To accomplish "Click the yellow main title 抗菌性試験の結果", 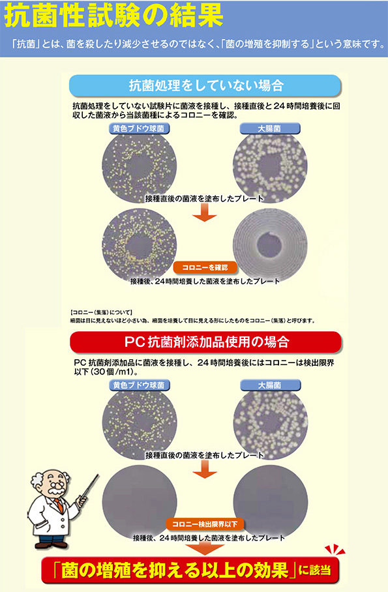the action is pyautogui.click(x=113, y=16).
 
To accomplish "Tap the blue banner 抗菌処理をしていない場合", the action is pyautogui.click(x=205, y=85).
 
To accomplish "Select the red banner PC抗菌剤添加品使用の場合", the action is pyautogui.click(x=206, y=342).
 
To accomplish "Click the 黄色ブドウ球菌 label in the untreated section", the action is pyautogui.click(x=139, y=128).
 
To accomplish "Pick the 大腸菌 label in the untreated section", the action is pyautogui.click(x=270, y=128).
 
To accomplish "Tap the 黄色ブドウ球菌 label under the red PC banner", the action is pyautogui.click(x=139, y=385).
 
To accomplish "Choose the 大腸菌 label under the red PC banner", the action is pyautogui.click(x=270, y=385).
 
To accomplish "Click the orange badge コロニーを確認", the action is pyautogui.click(x=205, y=267).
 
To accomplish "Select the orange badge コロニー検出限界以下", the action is pyautogui.click(x=205, y=524).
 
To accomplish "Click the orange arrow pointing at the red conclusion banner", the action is pyautogui.click(x=205, y=548).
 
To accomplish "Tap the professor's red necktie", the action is pyautogui.click(x=59, y=506).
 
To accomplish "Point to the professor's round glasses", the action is pyautogui.click(x=55, y=484).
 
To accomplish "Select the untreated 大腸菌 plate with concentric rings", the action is pyautogui.click(x=270, y=244).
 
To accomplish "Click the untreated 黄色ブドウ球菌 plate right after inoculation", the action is pyautogui.click(x=139, y=166).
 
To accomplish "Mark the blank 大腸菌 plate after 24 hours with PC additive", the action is pyautogui.click(x=271, y=501).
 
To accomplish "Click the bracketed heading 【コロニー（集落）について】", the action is pyautogui.click(x=101, y=312).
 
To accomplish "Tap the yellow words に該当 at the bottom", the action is pyautogui.click(x=315, y=570).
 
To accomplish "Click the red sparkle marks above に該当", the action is pyautogui.click(x=334, y=550).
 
